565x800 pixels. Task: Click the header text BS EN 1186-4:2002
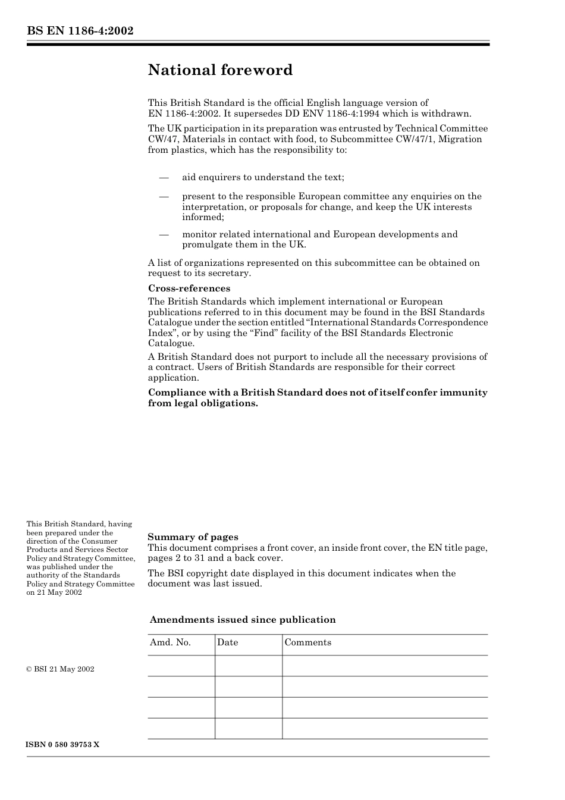[x=80, y=31]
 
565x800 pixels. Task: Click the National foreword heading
[x=220, y=70]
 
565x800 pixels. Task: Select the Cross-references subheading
[x=189, y=288]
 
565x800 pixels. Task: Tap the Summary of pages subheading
[x=193, y=537]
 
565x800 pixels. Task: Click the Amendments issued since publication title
[x=243, y=620]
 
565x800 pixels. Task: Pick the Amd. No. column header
[x=170, y=642]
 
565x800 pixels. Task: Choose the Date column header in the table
[x=227, y=642]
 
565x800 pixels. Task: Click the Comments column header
[x=307, y=642]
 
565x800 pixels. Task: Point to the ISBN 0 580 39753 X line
[x=63, y=745]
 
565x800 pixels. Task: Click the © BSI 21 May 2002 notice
[x=60, y=669]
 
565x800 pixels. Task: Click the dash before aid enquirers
[x=164, y=177]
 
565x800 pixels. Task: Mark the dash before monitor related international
[x=164, y=234]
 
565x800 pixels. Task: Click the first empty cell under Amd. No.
[x=181, y=666]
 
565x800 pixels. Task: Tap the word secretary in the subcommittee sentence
[x=230, y=273]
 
